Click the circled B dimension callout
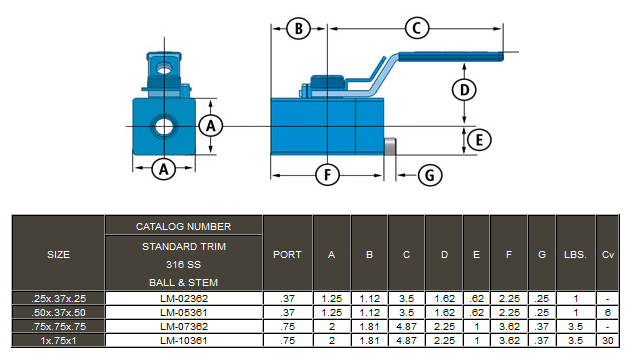pos(296,28)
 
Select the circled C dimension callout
pos(418,28)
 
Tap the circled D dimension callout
pos(461,90)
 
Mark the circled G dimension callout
pos(428,175)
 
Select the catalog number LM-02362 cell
pos(183,298)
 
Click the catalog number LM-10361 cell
pos(183,340)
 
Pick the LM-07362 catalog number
pos(183,326)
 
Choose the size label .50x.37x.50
pos(58,312)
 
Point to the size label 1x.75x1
pos(58,340)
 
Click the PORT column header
pos(287,254)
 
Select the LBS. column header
pos(575,254)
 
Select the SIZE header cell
pos(58,254)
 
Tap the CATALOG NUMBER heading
pos(183,227)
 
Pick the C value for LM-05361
pos(407,312)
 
